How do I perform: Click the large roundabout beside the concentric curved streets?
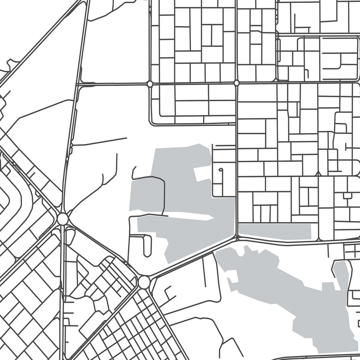[x=62, y=219]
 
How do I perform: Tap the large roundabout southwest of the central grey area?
[x=144, y=282]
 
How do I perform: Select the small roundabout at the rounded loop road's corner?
[x=150, y=84]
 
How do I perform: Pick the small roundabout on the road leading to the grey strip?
[x=236, y=83]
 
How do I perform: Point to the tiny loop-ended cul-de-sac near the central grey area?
[x=220, y=170]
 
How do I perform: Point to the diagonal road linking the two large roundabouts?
[x=102, y=250]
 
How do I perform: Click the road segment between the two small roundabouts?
[x=193, y=84]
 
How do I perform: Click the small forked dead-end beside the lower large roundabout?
[x=168, y=294]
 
